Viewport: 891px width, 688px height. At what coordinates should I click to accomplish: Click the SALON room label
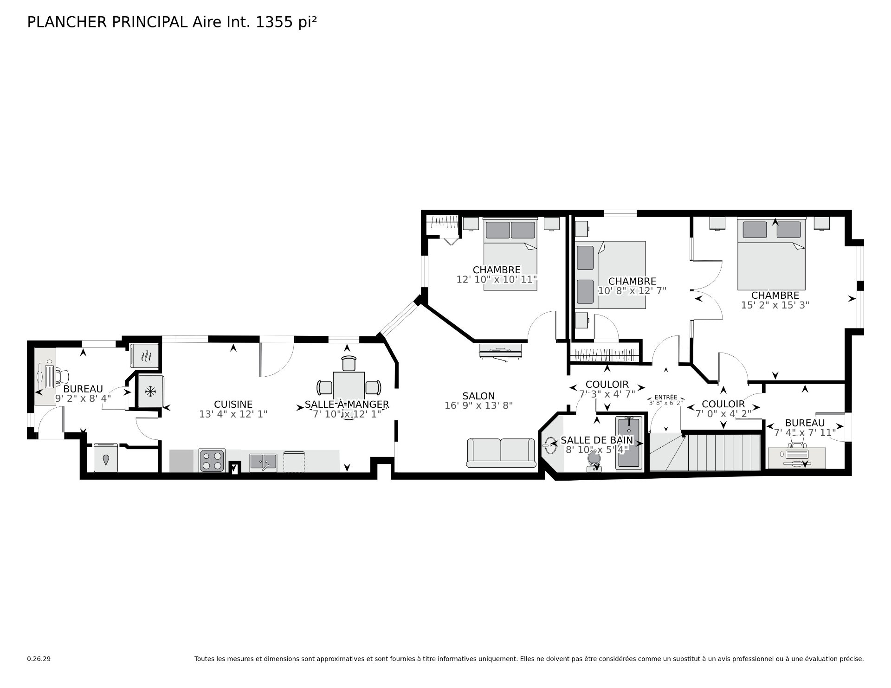tap(478, 396)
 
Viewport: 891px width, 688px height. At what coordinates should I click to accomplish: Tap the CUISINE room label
tap(233, 405)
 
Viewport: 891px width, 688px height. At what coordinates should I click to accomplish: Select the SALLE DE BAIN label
tap(597, 440)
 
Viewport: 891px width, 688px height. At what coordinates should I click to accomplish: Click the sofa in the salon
tap(501, 453)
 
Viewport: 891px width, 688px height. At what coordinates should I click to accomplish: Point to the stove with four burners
tap(212, 460)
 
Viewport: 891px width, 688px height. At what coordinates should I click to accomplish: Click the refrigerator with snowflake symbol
tap(150, 392)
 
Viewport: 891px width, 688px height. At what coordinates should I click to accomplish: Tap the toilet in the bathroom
tap(594, 461)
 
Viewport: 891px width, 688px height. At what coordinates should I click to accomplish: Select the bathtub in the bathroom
tap(629, 443)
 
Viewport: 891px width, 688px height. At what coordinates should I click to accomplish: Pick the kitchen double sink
tap(263, 462)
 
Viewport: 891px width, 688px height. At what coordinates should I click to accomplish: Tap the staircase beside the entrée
tap(704, 452)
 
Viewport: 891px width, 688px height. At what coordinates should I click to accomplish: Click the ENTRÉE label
tap(665, 397)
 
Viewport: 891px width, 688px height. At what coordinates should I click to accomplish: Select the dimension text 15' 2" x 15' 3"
tap(775, 305)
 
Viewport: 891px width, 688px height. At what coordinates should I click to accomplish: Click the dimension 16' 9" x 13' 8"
tap(478, 405)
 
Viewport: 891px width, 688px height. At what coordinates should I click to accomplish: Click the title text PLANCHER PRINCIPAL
tap(108, 22)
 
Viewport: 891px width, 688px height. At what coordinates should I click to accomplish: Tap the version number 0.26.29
tap(39, 659)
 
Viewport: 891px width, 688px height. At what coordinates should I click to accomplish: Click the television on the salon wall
tap(500, 351)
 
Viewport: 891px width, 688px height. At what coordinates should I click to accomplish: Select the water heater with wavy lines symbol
tap(145, 356)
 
